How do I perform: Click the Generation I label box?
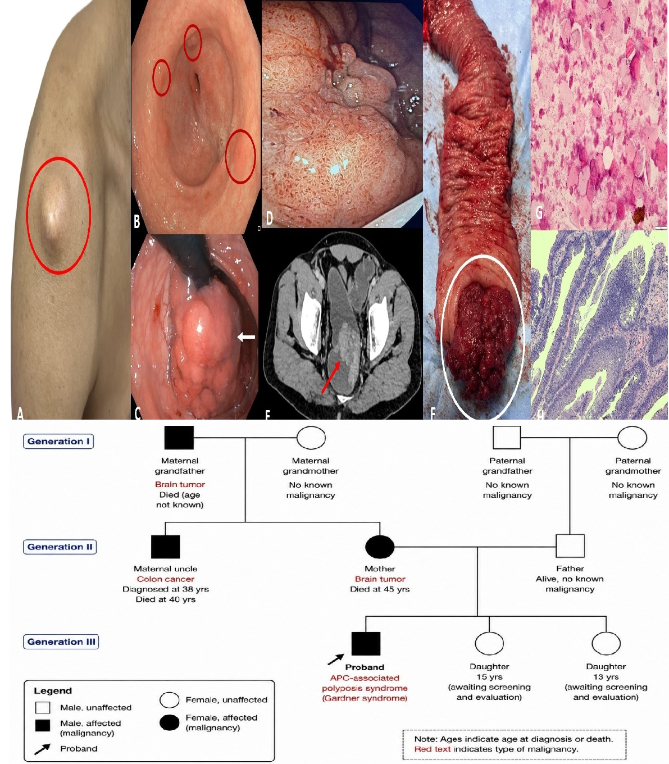58,442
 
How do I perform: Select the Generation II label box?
60,547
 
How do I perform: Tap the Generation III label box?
61,642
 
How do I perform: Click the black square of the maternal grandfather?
179,438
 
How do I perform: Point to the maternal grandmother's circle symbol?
311,438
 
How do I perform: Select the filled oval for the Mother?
380,547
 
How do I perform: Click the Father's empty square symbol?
570,546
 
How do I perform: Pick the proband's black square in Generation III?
366,644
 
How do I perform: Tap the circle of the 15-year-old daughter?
489,643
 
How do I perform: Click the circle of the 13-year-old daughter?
606,643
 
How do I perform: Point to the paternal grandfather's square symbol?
507,437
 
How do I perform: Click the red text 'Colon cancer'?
165,579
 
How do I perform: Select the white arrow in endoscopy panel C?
247,337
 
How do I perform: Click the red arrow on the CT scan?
331,378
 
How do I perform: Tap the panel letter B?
137,221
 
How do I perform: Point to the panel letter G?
539,212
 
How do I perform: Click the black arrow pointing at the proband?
336,660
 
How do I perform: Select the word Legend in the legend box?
53,691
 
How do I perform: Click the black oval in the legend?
170,722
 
